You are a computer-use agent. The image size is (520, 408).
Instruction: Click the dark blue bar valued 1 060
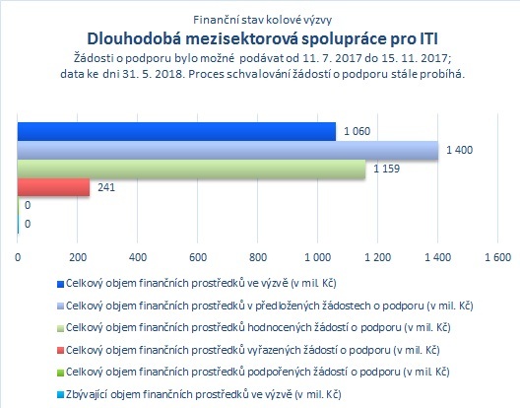point(176,131)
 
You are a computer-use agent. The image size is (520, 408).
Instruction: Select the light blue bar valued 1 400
point(227,150)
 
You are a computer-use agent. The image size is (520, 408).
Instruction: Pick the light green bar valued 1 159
point(191,169)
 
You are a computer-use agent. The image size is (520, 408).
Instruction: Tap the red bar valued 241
point(54,187)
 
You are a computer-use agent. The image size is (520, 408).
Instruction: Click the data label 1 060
point(357,131)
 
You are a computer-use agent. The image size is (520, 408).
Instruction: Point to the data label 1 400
point(459,150)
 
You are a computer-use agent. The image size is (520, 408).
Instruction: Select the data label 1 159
point(387,169)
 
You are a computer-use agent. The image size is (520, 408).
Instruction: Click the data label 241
point(106,187)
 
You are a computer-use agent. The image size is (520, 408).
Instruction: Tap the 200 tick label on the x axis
point(78,257)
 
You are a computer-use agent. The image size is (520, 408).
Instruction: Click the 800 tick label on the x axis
point(258,257)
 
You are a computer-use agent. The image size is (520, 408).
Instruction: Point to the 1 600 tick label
point(497,257)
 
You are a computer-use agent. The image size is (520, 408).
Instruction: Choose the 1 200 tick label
point(378,257)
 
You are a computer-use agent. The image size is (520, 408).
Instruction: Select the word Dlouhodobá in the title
point(134,38)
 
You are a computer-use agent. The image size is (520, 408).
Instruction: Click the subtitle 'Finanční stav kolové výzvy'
point(262,20)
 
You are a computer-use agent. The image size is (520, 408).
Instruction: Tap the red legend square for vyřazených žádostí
point(60,351)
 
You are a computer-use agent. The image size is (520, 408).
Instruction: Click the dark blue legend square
point(60,284)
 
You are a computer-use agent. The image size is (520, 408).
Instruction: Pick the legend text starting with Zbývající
point(204,394)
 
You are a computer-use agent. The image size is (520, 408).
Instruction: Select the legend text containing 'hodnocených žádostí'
point(258,327)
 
